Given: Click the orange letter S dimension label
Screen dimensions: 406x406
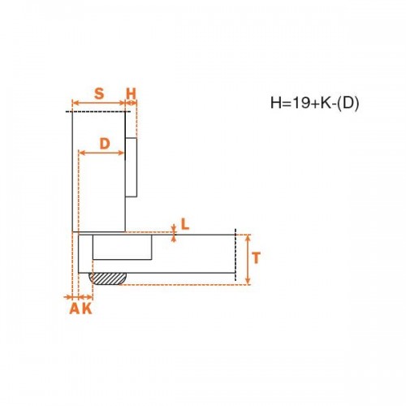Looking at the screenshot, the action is coord(99,93).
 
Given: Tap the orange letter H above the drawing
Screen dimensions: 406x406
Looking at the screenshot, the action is coord(132,93).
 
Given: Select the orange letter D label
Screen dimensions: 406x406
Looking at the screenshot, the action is coord(105,144).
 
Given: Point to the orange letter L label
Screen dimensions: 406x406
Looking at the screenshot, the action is coord(185,224).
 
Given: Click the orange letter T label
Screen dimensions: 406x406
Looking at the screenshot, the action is coord(256,257).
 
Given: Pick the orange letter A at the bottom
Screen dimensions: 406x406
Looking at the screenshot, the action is coord(75,309).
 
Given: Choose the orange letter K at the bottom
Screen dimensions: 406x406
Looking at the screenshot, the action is coord(87,309).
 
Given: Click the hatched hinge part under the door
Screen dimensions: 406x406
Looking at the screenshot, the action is coord(108,279).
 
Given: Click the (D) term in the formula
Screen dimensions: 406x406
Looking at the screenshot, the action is coord(348,103).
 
